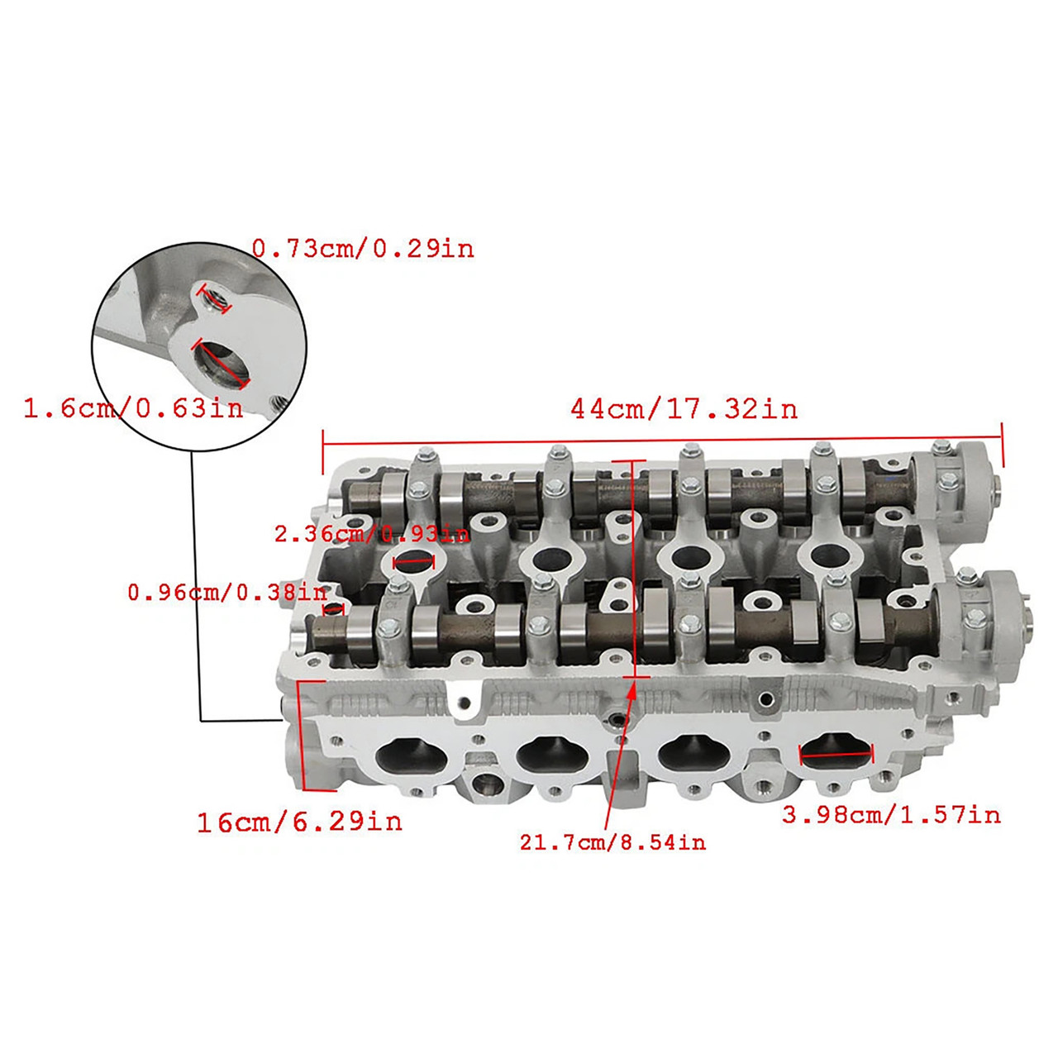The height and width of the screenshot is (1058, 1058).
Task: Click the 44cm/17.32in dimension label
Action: click(684, 408)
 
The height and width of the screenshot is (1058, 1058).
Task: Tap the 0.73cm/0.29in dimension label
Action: click(363, 248)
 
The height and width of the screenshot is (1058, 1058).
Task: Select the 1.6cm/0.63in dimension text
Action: click(133, 407)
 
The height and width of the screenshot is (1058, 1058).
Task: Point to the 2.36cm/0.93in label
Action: click(372, 534)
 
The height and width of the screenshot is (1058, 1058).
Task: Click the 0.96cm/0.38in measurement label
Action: click(227, 592)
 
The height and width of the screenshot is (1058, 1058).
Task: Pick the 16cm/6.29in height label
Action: click(299, 822)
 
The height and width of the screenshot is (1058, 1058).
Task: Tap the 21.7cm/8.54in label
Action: click(612, 842)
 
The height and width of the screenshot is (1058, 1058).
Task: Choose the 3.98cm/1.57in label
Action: click(891, 815)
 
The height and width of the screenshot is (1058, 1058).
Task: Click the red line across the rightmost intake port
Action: click(836, 752)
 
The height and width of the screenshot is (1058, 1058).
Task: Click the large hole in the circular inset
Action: click(221, 364)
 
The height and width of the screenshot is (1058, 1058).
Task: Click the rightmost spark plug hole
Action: click(827, 555)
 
